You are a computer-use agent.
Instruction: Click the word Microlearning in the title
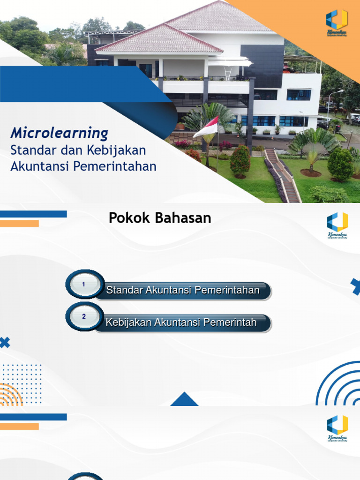pyautogui.click(x=59, y=133)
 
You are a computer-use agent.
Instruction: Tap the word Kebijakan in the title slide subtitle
pyautogui.click(x=120, y=150)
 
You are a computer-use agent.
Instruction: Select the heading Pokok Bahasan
pyautogui.click(x=160, y=218)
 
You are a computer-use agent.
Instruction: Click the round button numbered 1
pyautogui.click(x=84, y=285)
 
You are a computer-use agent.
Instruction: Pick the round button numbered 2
pyautogui.click(x=84, y=317)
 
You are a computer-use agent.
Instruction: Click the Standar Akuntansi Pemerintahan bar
pyautogui.click(x=183, y=291)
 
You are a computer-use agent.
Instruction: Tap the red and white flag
pyautogui.click(x=206, y=127)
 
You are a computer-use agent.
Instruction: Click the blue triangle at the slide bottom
pyautogui.click(x=184, y=399)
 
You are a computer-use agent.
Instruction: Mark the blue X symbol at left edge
pyautogui.click(x=4, y=343)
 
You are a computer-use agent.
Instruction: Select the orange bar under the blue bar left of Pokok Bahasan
pyautogui.click(x=19, y=224)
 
